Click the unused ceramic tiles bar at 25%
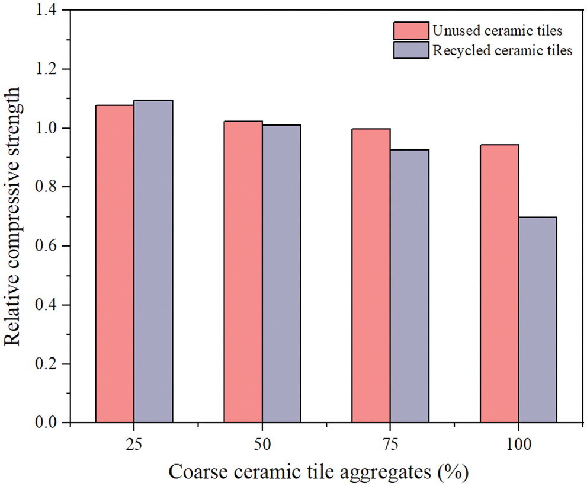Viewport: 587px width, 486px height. point(115,264)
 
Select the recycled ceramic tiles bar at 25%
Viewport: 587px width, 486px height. point(153,261)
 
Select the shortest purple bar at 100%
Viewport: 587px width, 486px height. point(537,319)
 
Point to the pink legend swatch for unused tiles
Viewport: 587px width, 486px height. point(410,30)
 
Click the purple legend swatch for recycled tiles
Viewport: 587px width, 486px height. point(410,50)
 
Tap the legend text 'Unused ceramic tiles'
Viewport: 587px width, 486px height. point(497,30)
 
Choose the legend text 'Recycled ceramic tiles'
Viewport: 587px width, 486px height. point(502,50)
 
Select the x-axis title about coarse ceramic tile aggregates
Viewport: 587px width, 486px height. point(319,472)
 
